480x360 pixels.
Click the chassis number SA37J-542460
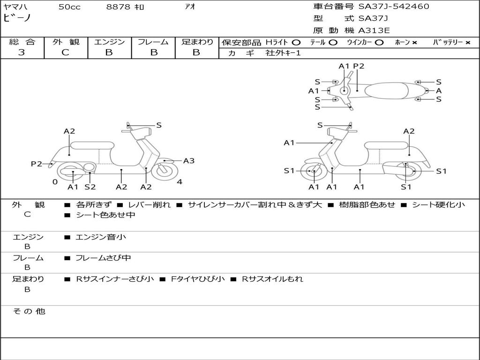[394, 7]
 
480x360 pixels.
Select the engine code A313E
[374, 31]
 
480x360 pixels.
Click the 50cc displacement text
[69, 7]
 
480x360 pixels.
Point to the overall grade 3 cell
[22, 52]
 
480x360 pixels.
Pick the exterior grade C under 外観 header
[66, 52]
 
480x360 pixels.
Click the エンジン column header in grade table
[109, 42]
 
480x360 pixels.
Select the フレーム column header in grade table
[153, 42]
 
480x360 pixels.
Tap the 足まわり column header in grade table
[197, 42]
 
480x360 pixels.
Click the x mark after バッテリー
[467, 42]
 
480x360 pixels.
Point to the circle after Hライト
[296, 42]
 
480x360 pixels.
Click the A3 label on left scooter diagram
[189, 161]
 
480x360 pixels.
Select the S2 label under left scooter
[90, 187]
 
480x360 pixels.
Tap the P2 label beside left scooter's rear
[37, 164]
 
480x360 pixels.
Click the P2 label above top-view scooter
[359, 66]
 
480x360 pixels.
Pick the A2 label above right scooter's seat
[409, 131]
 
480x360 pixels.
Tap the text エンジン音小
[101, 237]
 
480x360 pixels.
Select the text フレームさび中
[103, 258]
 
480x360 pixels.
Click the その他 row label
[29, 311]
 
